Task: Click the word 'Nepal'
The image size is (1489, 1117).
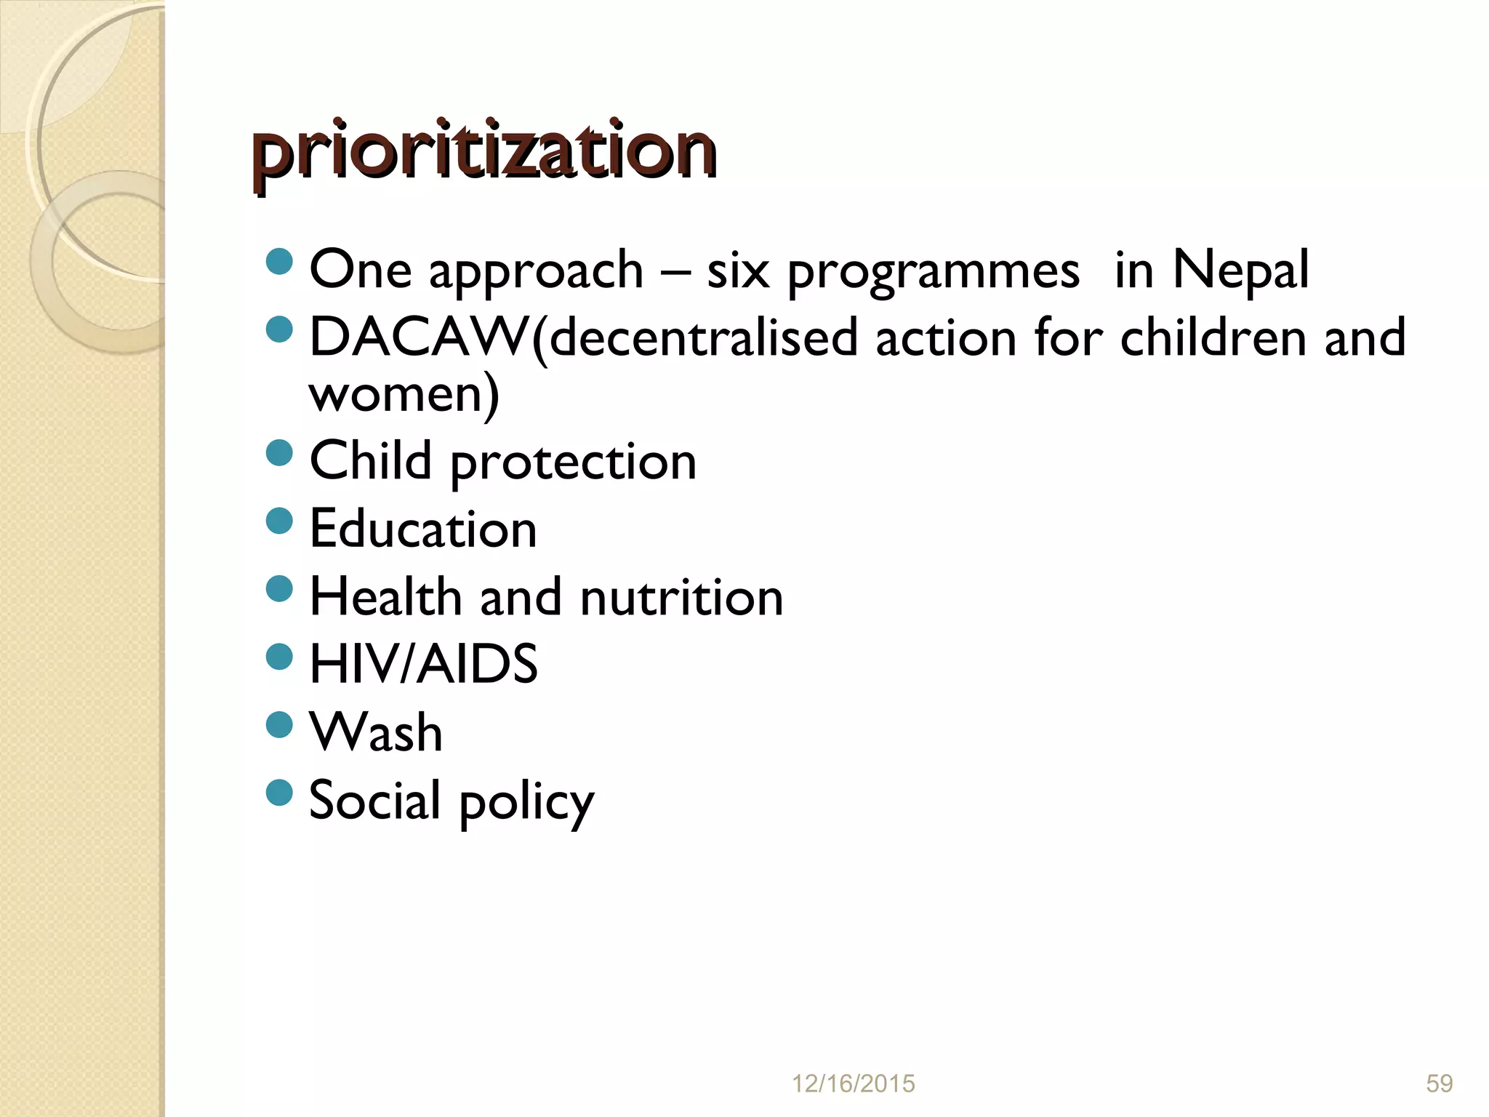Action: tap(1240, 270)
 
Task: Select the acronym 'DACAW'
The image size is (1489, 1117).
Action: tap(420, 338)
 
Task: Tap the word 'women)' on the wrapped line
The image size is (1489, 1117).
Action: tap(404, 393)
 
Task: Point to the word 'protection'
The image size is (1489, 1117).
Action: tap(573, 462)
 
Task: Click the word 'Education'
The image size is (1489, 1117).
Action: tap(423, 529)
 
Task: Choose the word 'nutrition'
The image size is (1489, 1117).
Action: tap(681, 597)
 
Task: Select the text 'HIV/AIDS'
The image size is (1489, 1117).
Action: tap(423, 664)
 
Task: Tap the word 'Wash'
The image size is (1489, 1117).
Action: tap(376, 732)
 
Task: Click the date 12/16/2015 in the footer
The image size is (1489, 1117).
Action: tap(853, 1084)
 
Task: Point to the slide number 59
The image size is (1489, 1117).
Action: tap(1439, 1084)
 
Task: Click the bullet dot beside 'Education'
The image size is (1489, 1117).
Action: tap(279, 521)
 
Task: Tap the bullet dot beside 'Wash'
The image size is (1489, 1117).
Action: tap(279, 724)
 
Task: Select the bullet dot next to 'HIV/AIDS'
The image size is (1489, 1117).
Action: tap(279, 657)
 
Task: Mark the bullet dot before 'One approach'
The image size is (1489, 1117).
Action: tap(279, 261)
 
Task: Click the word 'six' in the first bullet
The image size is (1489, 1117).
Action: tap(737, 270)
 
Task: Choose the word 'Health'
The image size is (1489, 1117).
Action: tap(385, 597)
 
